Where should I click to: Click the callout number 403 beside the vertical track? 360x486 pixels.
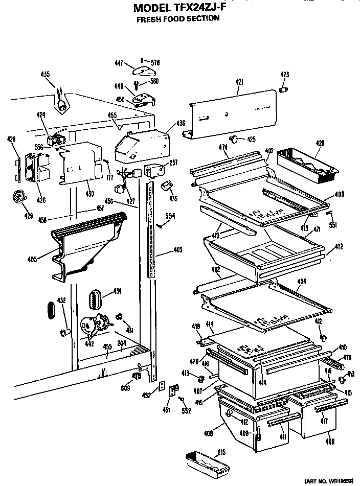(177, 250)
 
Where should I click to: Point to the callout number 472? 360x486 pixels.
(339, 247)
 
